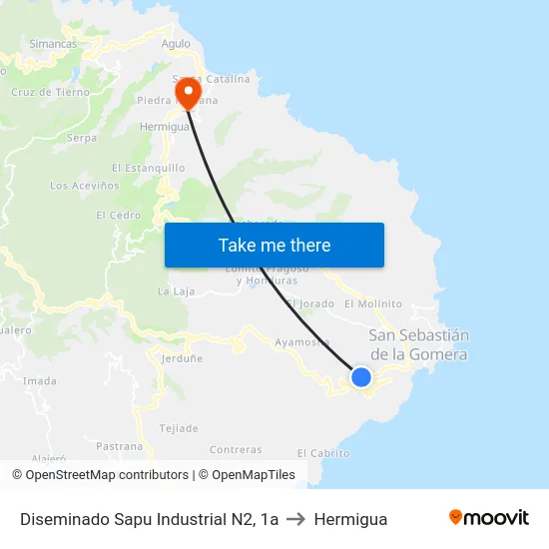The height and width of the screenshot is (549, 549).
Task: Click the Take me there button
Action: tap(274, 245)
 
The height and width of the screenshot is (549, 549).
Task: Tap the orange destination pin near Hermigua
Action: tap(187, 92)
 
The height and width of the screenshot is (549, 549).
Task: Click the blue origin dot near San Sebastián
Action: tap(361, 377)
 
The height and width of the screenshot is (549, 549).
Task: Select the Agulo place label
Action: tap(176, 44)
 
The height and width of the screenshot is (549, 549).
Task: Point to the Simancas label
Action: tap(53, 44)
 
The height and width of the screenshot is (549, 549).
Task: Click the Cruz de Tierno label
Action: tap(50, 92)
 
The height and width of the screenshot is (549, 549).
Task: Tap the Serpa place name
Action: tap(81, 139)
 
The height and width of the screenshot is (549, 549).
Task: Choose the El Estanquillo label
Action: tap(149, 168)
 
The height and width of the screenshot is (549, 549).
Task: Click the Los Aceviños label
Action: tap(85, 186)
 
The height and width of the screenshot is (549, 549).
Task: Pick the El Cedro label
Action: tap(118, 215)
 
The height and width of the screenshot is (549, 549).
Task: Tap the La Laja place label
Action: tap(176, 291)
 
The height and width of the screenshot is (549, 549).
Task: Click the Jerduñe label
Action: tap(182, 357)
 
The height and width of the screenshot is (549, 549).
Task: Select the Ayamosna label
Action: tap(302, 342)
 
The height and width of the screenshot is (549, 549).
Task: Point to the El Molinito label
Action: tap(372, 303)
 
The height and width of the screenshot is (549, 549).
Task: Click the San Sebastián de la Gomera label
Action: tap(418, 344)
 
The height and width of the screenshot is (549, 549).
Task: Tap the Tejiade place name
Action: tap(179, 428)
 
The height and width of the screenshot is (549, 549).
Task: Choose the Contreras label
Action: tap(236, 450)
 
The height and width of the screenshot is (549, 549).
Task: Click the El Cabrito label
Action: tap(323, 453)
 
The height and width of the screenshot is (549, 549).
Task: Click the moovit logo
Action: tap(489, 518)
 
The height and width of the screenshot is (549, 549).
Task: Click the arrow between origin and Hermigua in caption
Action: tap(296, 519)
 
